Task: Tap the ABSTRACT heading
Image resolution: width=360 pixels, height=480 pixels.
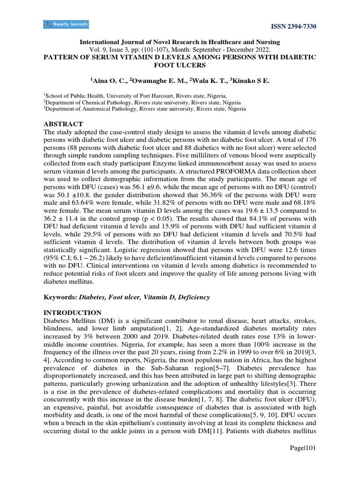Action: pos(63,124)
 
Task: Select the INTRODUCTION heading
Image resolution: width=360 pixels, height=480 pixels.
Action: pos(72,313)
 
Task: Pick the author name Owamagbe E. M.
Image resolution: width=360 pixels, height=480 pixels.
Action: pos(161,82)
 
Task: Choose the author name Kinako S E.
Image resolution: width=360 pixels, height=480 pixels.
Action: pos(253,82)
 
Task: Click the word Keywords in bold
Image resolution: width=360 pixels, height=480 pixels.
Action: pos(60,298)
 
